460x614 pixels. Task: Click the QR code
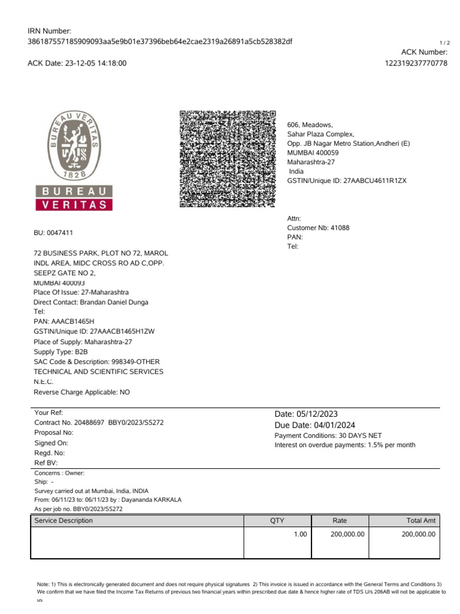point(228,159)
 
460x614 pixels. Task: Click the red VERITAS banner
point(74,204)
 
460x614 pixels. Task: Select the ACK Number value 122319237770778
point(416,63)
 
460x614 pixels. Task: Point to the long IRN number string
point(161,41)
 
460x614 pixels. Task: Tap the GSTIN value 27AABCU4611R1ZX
point(375,180)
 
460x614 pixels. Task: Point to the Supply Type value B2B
point(81,352)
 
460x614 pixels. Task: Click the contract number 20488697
point(88,423)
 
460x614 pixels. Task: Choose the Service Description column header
point(63,520)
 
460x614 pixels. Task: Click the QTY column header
point(277,520)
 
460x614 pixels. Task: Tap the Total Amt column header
point(421,520)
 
